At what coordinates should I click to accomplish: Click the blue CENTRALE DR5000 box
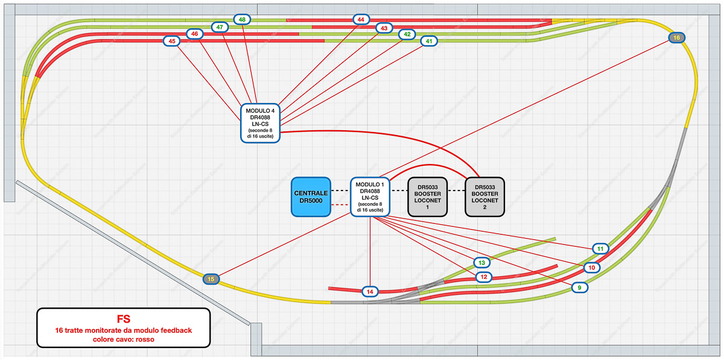pos(311,197)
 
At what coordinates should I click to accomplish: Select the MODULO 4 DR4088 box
pos(260,123)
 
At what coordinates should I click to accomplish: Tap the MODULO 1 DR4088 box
pos(370,197)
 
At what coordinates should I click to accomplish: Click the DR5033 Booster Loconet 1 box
pos(428,197)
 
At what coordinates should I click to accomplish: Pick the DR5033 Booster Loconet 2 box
pos(484,197)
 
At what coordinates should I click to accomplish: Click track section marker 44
pos(361,20)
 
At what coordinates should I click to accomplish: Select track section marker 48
pos(242,20)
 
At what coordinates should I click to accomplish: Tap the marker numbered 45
pos(173,41)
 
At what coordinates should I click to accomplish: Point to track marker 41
pos(429,41)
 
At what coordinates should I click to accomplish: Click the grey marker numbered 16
pos(677,37)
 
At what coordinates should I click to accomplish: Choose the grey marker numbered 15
pos(211,279)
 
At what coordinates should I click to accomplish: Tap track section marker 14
pos(370,292)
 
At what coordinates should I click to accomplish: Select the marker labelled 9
pos(580,288)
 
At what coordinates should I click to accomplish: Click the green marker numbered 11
pos(600,248)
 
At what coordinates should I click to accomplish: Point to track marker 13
pos(481,263)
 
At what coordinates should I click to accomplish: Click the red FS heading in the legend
pos(124,318)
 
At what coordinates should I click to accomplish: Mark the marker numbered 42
pos(407,34)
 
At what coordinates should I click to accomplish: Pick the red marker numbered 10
pos(592,267)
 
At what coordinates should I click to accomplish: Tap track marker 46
pos(195,34)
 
